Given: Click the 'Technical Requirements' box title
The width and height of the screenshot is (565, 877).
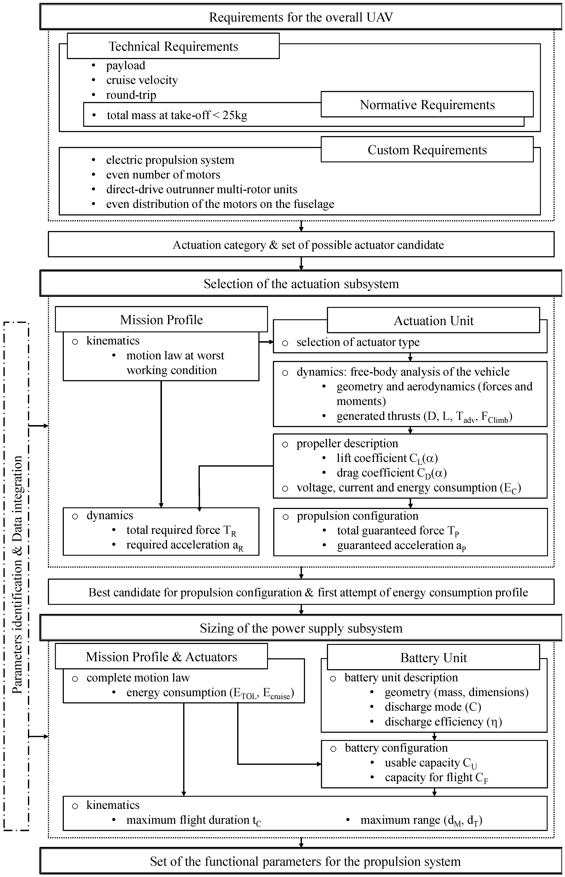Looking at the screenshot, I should pos(173,46).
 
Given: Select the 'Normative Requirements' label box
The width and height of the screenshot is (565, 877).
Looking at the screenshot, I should pos(427,105).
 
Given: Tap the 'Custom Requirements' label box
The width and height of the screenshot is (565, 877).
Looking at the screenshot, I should pos(427,150).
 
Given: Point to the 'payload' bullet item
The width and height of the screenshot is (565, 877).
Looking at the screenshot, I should pos(125,65).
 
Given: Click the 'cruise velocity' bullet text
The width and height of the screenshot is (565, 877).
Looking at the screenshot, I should pos(142,80).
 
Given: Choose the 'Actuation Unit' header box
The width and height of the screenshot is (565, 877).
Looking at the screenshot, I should pos(433,320).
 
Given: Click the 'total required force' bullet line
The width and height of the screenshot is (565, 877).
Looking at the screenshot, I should pos(181,530).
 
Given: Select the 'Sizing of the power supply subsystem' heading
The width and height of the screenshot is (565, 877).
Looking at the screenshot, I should pos(301,628).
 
